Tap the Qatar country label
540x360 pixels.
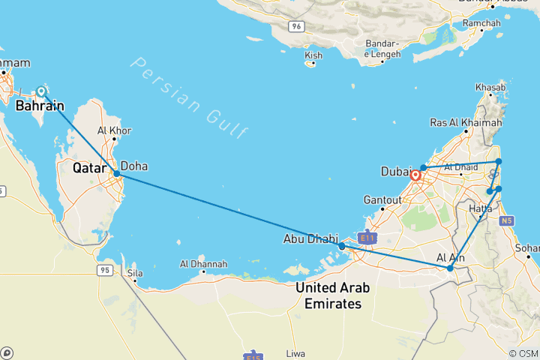(88, 169)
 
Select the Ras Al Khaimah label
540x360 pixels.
(466, 122)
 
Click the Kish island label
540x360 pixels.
(314, 55)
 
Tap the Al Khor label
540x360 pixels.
(115, 130)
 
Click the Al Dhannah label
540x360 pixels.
(203, 264)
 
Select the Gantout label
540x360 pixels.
(383, 199)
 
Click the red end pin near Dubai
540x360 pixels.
(415, 176)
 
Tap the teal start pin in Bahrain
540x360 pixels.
(42, 91)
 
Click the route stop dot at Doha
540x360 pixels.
(116, 174)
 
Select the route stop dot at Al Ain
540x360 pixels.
(450, 268)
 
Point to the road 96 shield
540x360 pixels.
(298, 26)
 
